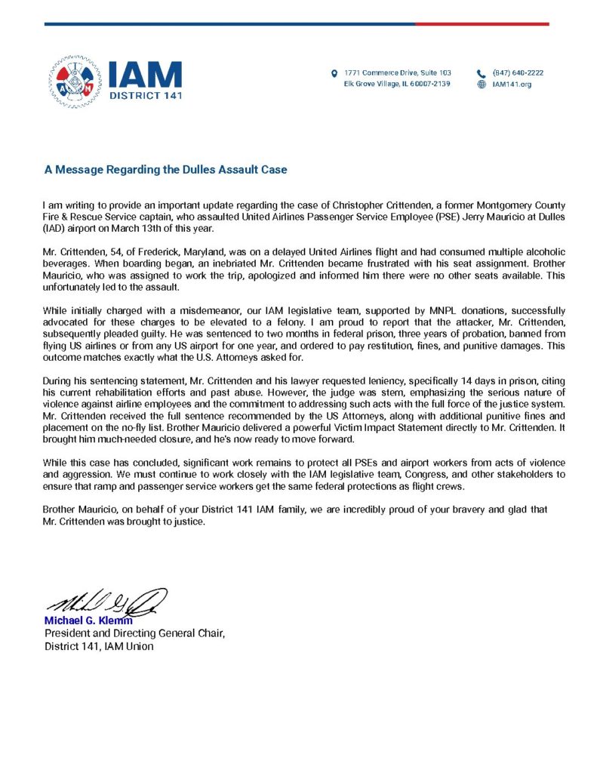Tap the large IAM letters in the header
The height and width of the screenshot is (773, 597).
pos(145,74)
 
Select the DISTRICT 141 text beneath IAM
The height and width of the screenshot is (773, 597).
pos(145,96)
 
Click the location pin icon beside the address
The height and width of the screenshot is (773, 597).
pos(334,73)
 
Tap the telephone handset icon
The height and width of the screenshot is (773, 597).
pos(482,73)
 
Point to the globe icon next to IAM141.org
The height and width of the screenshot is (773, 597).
pos(482,85)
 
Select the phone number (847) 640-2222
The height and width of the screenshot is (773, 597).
pos(518,73)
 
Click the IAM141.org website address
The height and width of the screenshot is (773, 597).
pos(512,85)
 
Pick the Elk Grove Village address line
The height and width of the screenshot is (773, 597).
pos(397,84)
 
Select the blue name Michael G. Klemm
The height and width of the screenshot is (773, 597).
pos(88,621)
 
